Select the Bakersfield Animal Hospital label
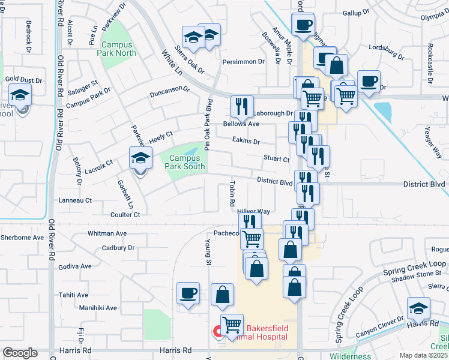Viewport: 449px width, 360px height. [268, 332]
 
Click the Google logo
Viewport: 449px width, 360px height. [20, 353]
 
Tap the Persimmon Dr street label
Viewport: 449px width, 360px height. [244, 61]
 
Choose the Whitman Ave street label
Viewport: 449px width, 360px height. [107, 233]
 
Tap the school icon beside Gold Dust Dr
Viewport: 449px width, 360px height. [20, 95]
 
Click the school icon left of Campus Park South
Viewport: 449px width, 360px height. [141, 158]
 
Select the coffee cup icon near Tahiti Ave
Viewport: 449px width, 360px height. [188, 294]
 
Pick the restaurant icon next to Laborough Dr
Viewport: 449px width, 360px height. [242, 107]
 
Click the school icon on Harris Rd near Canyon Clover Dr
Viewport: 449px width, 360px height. [418, 309]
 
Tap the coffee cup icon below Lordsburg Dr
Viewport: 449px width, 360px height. [369, 81]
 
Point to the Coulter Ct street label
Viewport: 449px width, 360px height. [125, 214]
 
